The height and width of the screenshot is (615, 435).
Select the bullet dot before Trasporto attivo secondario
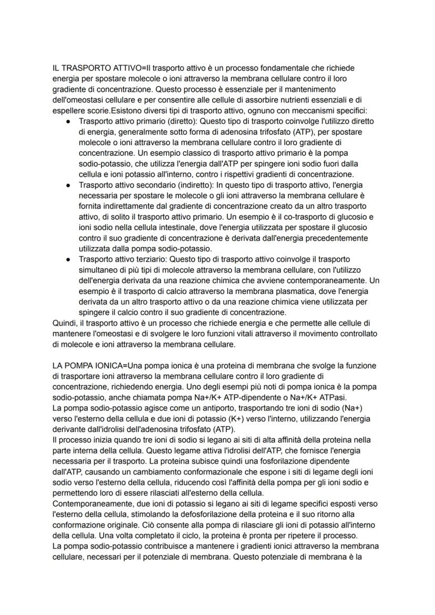68,185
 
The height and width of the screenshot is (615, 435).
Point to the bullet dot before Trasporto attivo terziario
68,259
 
